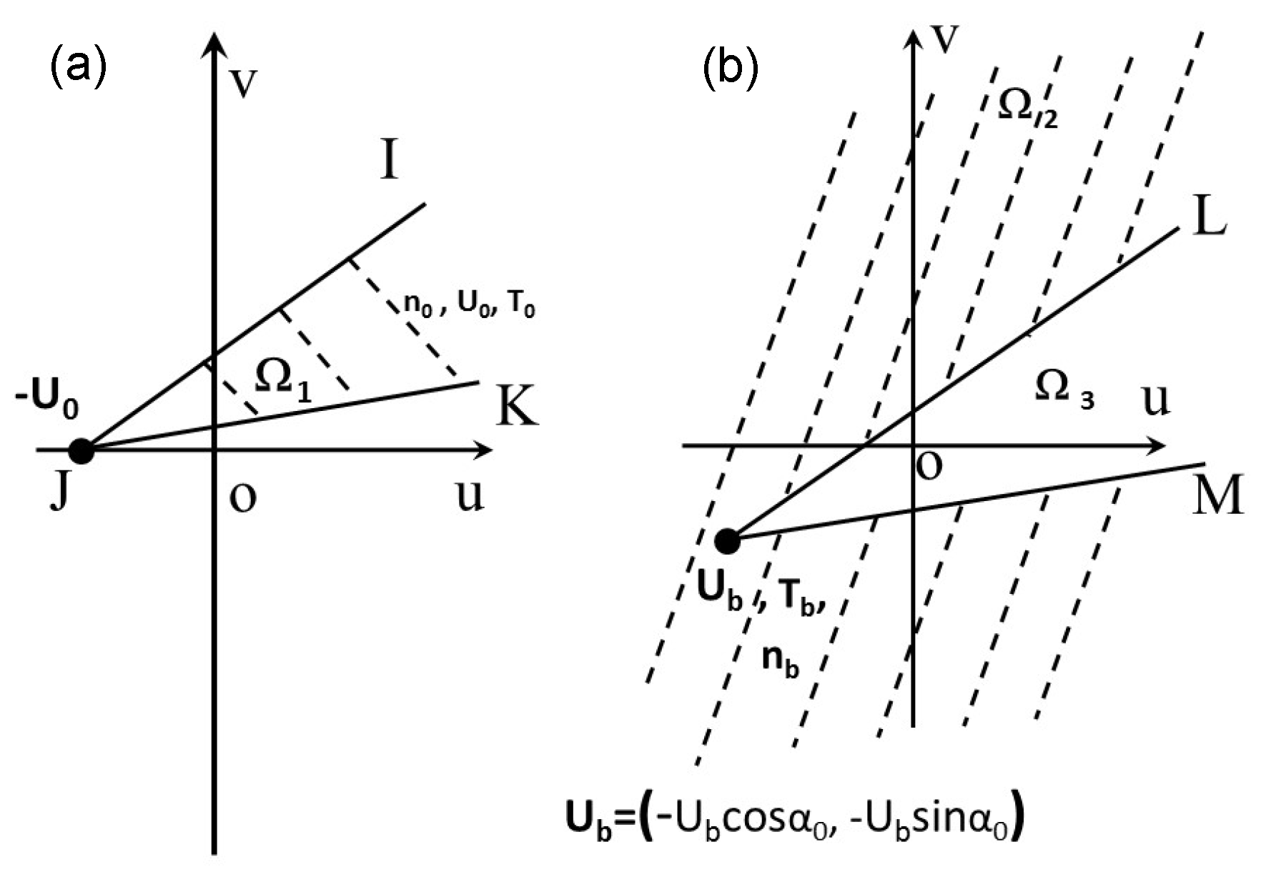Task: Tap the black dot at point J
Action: coord(81,451)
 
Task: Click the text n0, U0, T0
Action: coord(469,305)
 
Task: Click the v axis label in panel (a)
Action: coord(244,83)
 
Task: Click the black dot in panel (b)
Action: coord(728,541)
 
